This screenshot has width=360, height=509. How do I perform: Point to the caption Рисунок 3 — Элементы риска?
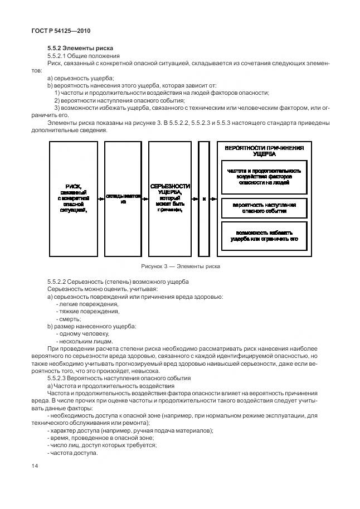(x=181, y=266)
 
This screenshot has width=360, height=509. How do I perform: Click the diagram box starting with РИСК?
(x=74, y=198)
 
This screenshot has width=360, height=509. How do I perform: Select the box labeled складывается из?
(x=123, y=199)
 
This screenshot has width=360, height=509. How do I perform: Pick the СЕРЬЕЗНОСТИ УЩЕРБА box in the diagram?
(x=170, y=198)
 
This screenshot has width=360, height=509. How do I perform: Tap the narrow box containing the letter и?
(x=204, y=198)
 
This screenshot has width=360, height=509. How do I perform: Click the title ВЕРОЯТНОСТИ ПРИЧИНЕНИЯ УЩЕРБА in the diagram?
(x=264, y=151)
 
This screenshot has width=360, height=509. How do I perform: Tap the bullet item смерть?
(x=69, y=318)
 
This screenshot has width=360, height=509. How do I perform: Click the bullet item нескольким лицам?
(x=86, y=341)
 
